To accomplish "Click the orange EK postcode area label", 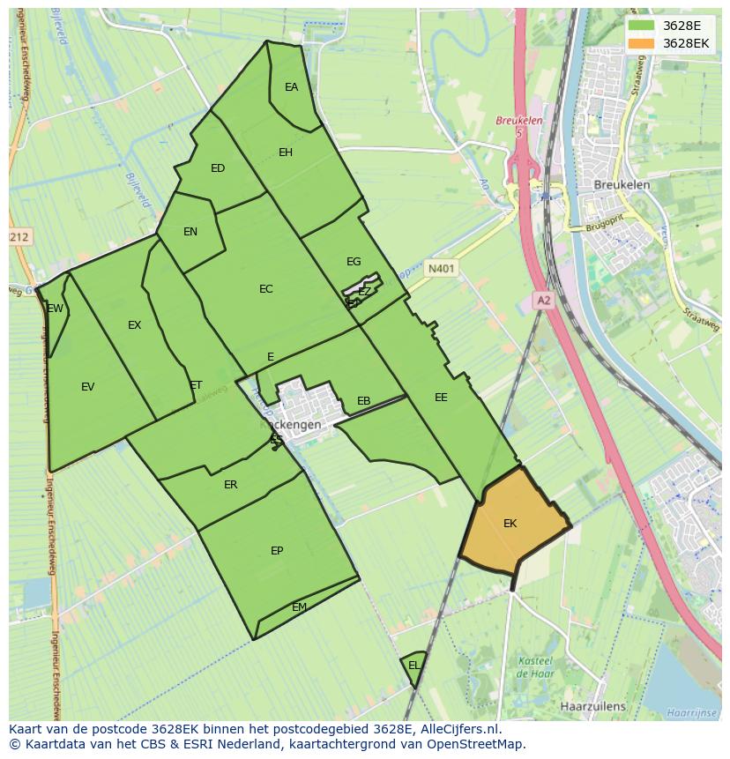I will click(510, 524).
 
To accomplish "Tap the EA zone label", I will click(291, 87).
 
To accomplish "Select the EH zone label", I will click(286, 153).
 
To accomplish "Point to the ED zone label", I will click(218, 168).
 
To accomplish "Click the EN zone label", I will click(190, 232).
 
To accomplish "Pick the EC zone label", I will click(266, 289).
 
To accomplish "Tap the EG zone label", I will click(354, 262).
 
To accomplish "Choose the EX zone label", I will click(134, 325).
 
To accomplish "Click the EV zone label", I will click(87, 387).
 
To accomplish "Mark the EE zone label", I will click(441, 398).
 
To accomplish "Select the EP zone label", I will click(277, 551).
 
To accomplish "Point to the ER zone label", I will click(231, 485).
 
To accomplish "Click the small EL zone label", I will click(413, 666).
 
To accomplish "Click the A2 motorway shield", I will click(543, 301).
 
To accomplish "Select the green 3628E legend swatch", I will click(641, 26).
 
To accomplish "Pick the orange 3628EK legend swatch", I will click(641, 43).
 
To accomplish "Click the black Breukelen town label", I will click(622, 185).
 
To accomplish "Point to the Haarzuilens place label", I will click(592, 706).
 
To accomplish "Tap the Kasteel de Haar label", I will click(534, 667).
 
